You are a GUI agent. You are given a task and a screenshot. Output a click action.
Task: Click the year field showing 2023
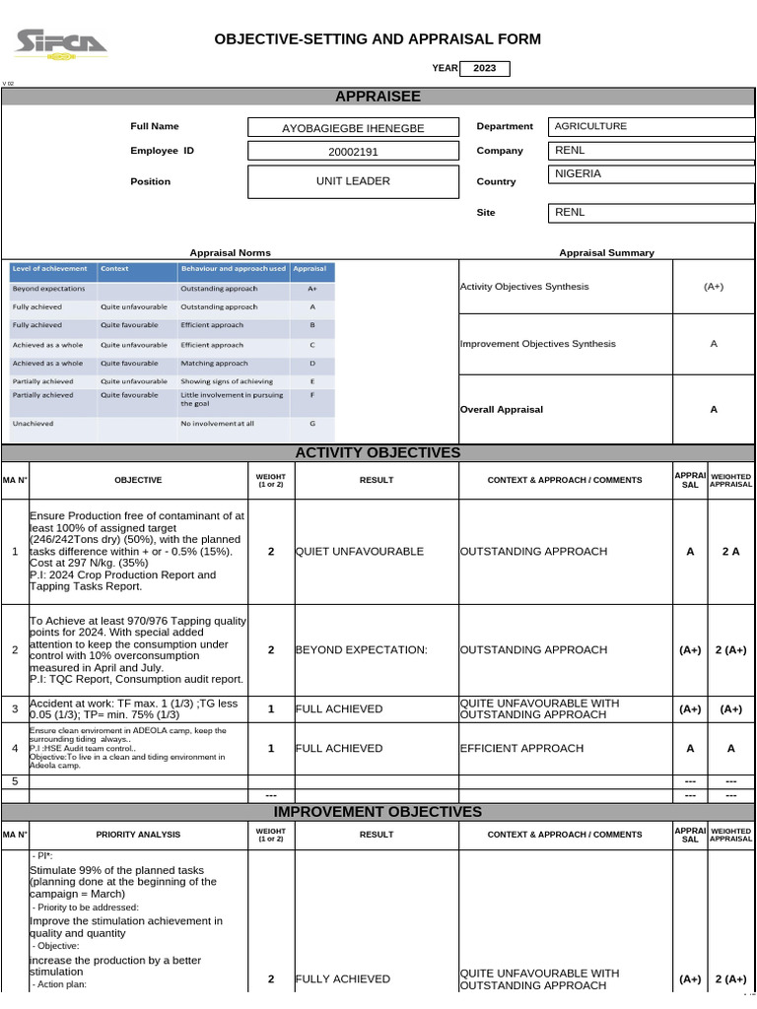click(x=485, y=68)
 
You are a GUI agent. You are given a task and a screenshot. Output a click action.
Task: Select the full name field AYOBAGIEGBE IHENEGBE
click(x=352, y=128)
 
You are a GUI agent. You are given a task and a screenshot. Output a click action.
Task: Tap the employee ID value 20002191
click(x=352, y=152)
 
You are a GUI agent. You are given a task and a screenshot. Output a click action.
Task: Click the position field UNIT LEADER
click(x=352, y=181)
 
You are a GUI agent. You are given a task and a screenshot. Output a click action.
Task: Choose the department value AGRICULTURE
click(x=590, y=126)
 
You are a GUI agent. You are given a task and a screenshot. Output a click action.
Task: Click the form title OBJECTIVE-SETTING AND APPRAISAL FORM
click(x=378, y=39)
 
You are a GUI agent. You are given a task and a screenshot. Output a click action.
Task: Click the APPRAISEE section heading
click(x=378, y=96)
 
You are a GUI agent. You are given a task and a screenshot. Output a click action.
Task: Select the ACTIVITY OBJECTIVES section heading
click(x=378, y=452)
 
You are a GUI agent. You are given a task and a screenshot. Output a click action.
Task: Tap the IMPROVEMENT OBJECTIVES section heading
click(x=378, y=812)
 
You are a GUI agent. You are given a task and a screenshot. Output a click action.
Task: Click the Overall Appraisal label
click(x=502, y=410)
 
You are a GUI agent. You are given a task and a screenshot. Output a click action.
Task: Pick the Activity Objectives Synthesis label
click(x=524, y=287)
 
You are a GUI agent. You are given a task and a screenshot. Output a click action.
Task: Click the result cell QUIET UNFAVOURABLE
click(x=359, y=552)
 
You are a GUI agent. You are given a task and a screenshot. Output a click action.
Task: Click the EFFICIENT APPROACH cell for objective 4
click(x=521, y=749)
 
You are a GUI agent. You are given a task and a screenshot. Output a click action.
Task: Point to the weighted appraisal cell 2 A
click(x=730, y=552)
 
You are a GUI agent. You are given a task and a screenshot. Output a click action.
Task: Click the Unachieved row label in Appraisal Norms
click(x=34, y=424)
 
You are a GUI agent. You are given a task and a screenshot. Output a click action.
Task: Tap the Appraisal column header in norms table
click(x=310, y=269)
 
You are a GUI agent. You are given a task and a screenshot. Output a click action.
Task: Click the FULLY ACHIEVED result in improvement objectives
click(x=343, y=979)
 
